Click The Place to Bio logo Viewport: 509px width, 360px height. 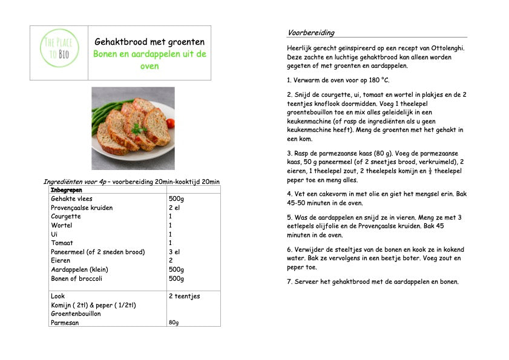[x=58, y=53]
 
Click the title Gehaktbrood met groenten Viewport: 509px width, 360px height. [x=149, y=42]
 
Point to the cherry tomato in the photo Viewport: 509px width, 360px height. [x=171, y=123]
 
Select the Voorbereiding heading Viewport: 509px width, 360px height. [x=310, y=33]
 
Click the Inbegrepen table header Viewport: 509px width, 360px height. [x=66, y=190]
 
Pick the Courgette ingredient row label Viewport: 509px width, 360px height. [x=65, y=216]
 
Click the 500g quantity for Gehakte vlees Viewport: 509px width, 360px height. [x=176, y=198]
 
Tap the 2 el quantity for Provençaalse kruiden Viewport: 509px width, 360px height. [x=174, y=208]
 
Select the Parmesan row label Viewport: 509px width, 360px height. [x=65, y=322]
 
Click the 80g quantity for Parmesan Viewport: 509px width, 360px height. [x=174, y=322]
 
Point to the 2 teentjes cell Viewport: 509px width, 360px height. [x=184, y=296]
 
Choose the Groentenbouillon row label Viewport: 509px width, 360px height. [x=76, y=314]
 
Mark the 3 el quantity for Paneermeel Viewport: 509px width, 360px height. [x=174, y=252]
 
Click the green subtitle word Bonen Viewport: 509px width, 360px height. [x=105, y=54]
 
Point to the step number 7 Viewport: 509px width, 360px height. [x=289, y=281]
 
